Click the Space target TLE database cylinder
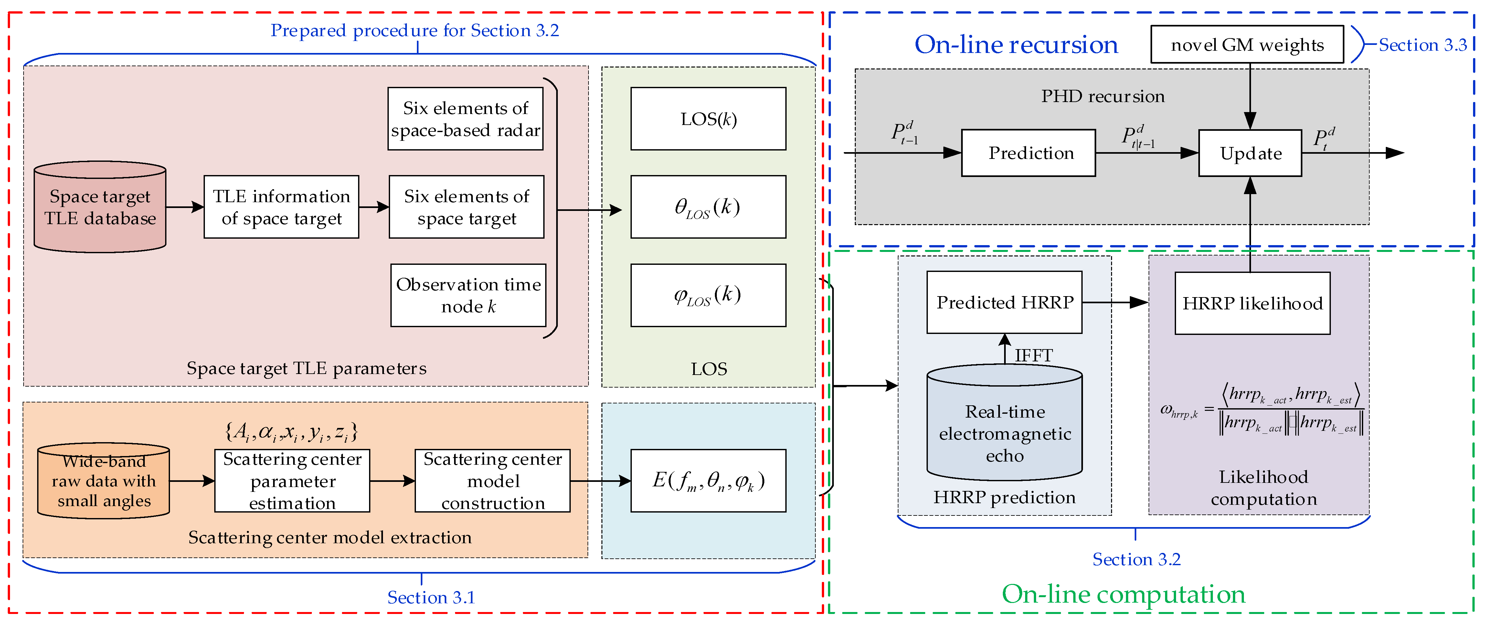[100, 207]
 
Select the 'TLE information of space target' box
[281, 207]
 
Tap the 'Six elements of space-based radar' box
[465, 119]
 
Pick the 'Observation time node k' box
[468, 295]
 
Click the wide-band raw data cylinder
[104, 481]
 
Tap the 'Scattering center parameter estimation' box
[292, 481]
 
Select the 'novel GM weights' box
[1247, 44]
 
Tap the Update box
[1250, 153]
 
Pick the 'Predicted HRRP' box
[1004, 302]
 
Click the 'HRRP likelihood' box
[1252, 303]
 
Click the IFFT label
[1034, 355]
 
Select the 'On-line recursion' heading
[1016, 44]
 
